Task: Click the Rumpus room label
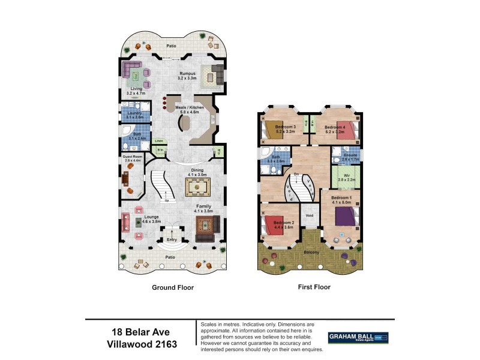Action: coord(187,73)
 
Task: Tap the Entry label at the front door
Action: coord(172,240)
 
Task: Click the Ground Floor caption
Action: coord(173,287)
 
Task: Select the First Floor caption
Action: coord(314,287)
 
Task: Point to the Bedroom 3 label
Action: coord(286,127)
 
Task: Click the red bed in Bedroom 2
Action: coord(273,226)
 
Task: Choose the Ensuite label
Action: coord(350,155)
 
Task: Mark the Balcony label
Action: coord(311,252)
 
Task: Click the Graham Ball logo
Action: coord(358,338)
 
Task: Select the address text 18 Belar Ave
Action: coord(141,332)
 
